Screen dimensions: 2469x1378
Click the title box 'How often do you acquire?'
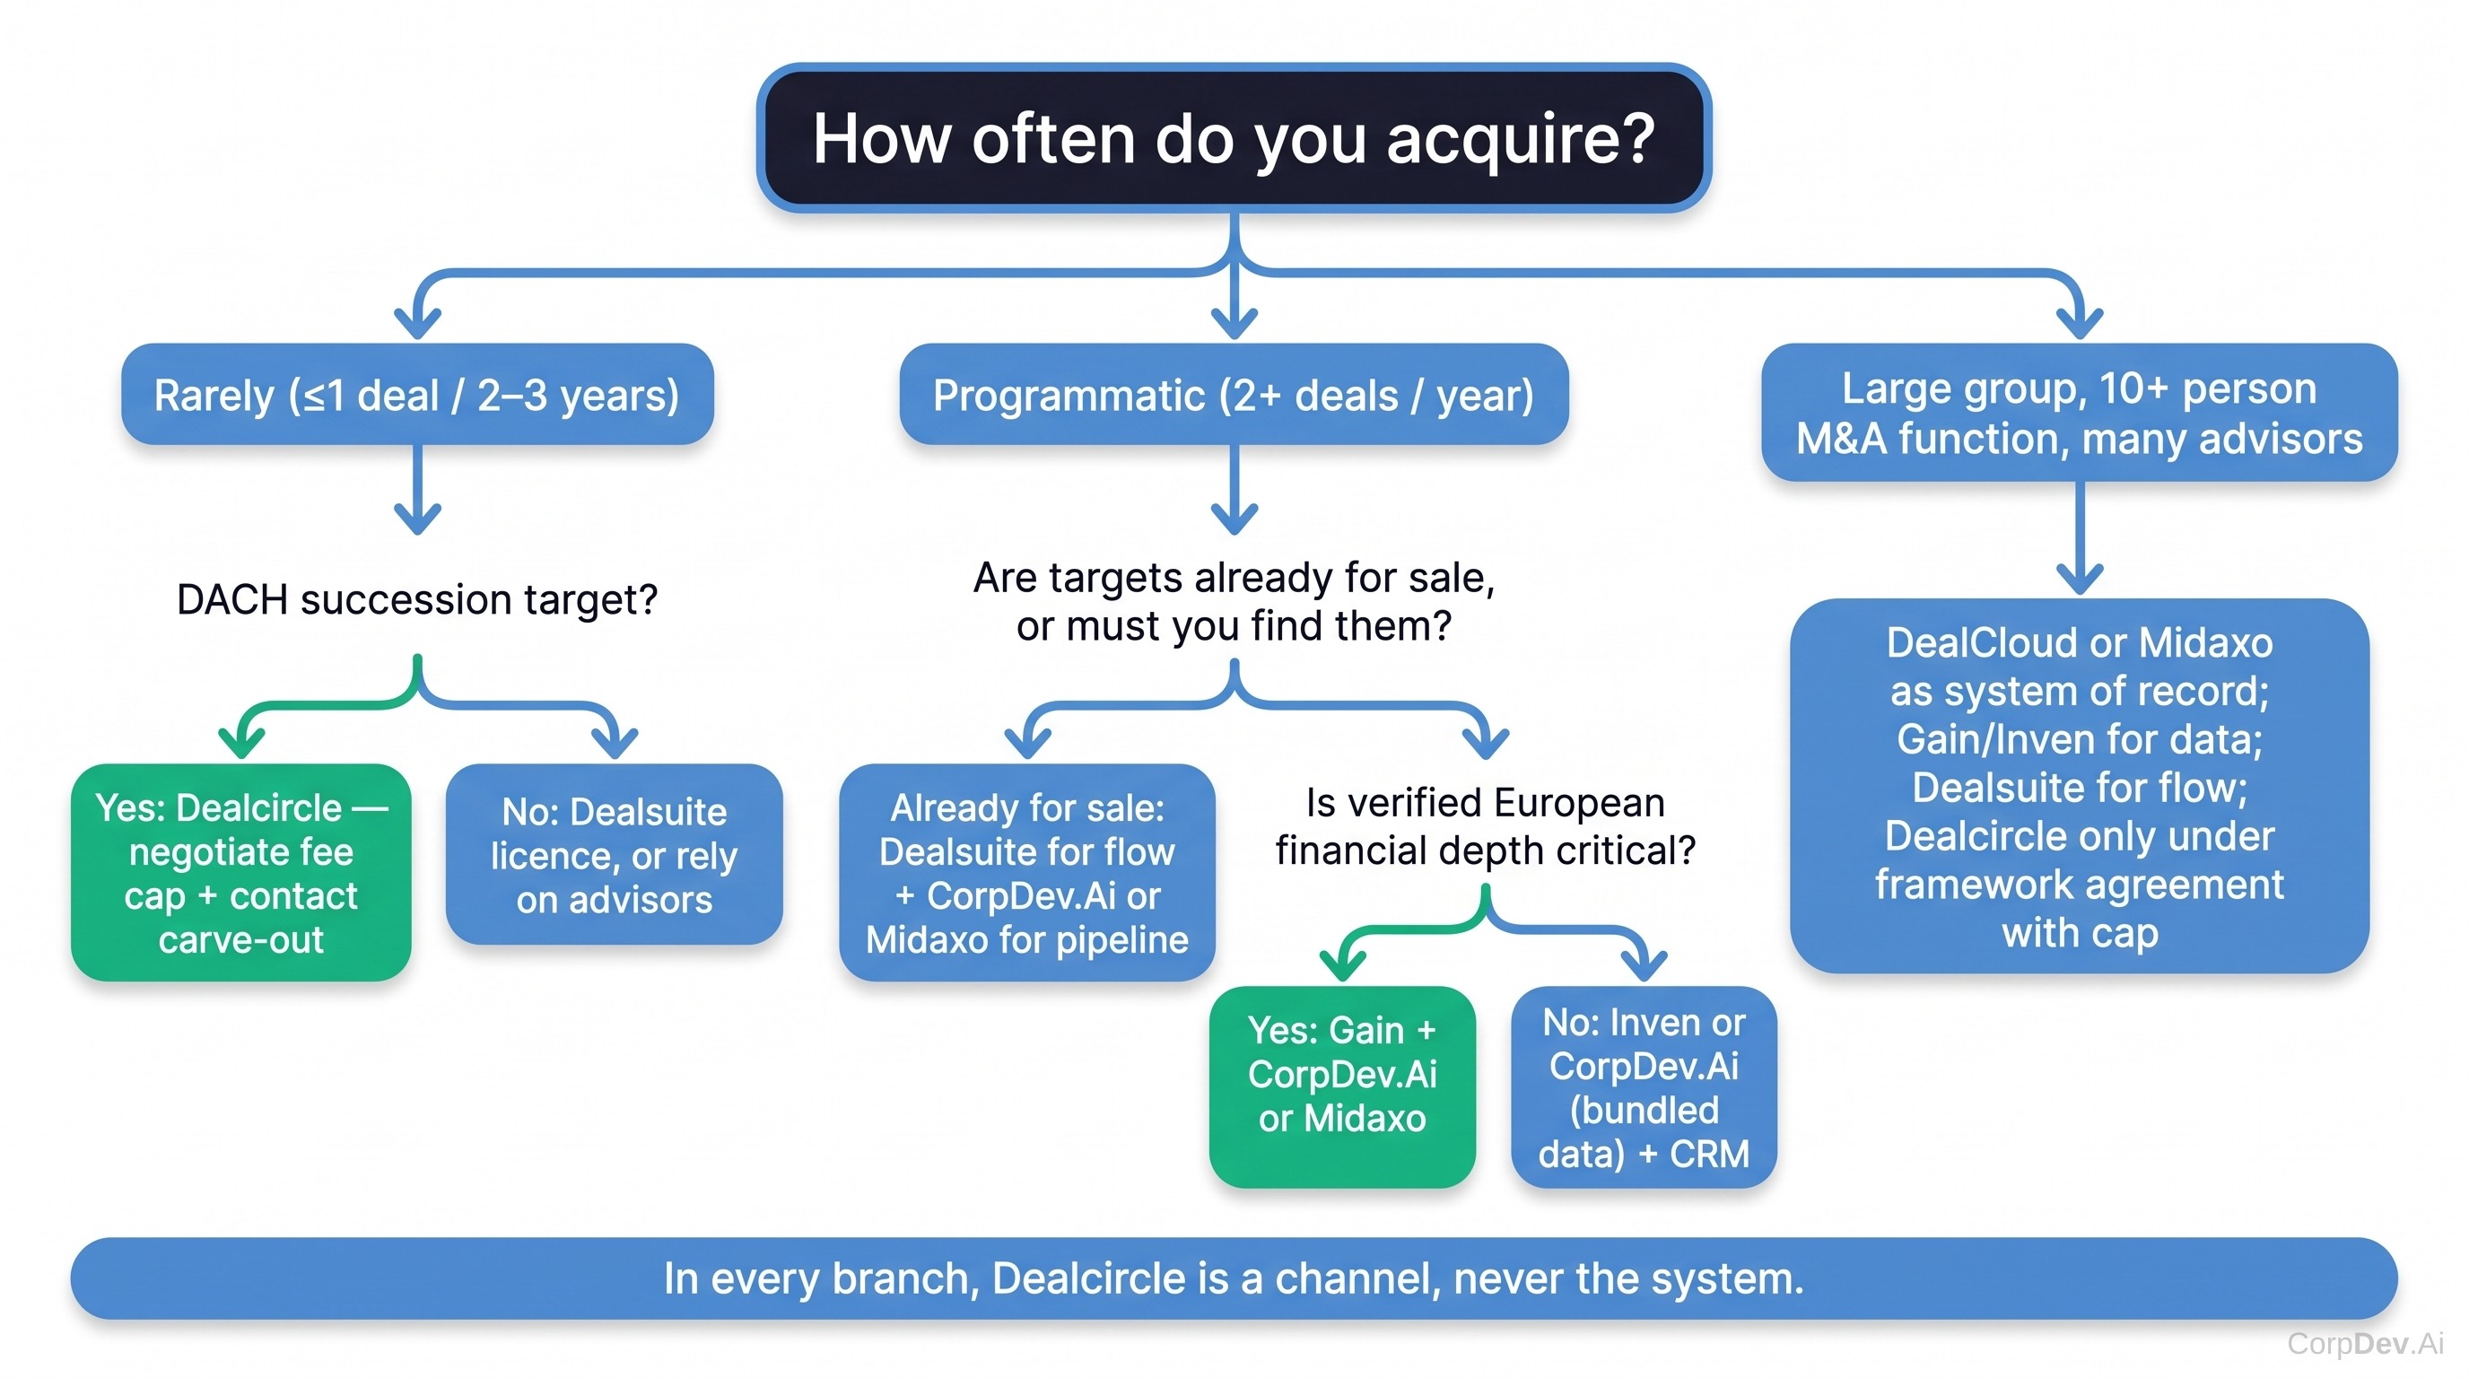pos(1234,138)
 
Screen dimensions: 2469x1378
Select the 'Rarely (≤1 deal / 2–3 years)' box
pos(417,394)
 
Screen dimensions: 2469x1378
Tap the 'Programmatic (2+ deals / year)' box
pos(1234,394)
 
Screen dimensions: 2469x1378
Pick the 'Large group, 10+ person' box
pos(2079,412)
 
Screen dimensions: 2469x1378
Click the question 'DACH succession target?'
pos(417,600)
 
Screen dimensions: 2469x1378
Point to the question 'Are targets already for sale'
pos(1234,601)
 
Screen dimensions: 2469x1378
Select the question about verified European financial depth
pos(1486,826)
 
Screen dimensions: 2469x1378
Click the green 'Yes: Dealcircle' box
pos(240,872)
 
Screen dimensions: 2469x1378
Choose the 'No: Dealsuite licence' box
pos(615,855)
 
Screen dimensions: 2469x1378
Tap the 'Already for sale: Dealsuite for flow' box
pos(1026,872)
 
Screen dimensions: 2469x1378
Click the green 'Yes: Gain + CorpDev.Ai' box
pos(1342,1086)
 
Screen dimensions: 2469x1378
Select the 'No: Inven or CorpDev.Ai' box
pos(1644,1086)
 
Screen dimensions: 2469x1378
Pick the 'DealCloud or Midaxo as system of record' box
pos(2080,786)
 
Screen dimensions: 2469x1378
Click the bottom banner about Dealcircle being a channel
pos(1234,1278)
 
